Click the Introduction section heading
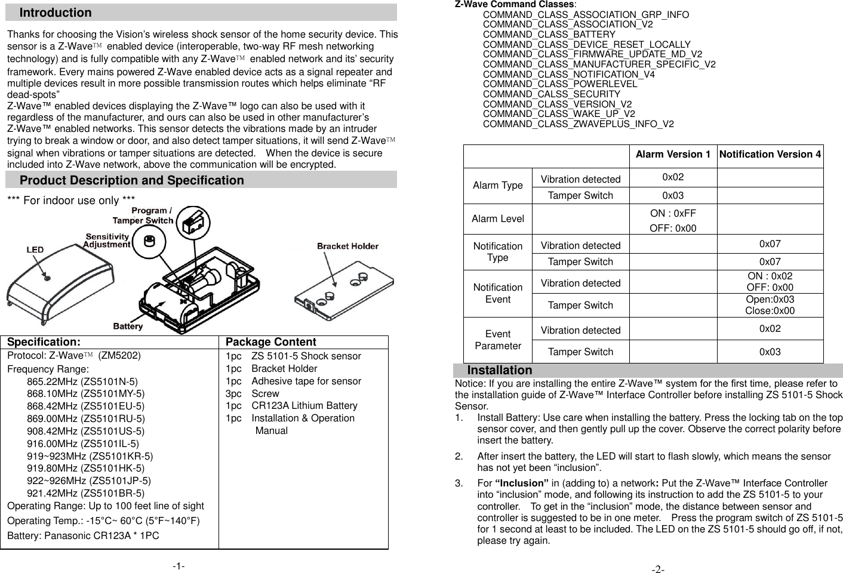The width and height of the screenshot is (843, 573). click(56, 13)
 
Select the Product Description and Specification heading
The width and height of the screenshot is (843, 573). click(131, 180)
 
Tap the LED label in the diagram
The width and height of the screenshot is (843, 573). click(35, 249)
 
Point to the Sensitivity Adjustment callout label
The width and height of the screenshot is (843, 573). click(106, 241)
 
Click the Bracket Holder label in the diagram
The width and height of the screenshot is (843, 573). click(347, 246)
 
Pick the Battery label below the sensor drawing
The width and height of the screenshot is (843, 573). click(128, 326)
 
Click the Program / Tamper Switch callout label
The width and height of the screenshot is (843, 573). click(152, 215)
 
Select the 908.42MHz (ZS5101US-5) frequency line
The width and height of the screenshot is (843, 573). click(85, 431)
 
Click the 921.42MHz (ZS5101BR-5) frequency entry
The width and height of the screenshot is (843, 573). click(85, 493)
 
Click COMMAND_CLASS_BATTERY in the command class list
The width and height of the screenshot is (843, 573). click(549, 35)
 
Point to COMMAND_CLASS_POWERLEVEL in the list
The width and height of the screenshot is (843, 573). click(559, 84)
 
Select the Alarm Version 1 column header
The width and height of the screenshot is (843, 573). click(673, 155)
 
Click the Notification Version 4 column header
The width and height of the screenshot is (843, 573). click(770, 155)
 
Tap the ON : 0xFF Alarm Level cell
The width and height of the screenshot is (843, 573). click(673, 214)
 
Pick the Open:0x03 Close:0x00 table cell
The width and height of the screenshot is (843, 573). click(770, 305)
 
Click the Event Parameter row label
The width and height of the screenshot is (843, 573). click(497, 340)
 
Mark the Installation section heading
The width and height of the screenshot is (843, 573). click(499, 370)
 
